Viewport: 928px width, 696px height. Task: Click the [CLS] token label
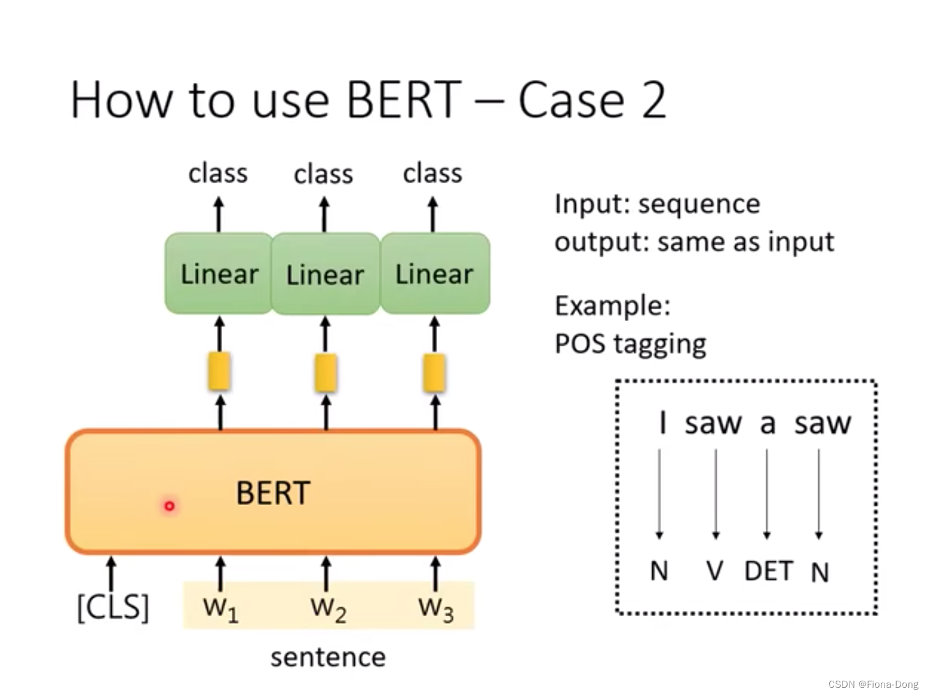click(113, 607)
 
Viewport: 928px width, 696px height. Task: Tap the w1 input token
click(220, 608)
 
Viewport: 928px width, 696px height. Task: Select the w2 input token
click(328, 609)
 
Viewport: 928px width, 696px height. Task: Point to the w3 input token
click(436, 609)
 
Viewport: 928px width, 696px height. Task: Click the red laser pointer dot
click(169, 506)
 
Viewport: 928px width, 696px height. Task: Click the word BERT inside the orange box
click(273, 493)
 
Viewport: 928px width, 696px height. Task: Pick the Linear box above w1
click(219, 274)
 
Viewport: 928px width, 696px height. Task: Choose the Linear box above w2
click(325, 275)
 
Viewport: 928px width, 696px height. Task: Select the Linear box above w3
click(435, 274)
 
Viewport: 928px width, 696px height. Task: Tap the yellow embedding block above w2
click(326, 372)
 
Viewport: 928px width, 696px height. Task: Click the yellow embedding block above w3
click(435, 372)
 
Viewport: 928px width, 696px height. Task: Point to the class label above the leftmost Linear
click(218, 173)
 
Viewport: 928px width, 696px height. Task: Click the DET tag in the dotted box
click(768, 571)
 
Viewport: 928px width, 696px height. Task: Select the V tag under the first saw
click(715, 571)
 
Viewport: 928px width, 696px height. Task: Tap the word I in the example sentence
click(662, 423)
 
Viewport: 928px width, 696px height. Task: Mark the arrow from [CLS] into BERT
click(111, 573)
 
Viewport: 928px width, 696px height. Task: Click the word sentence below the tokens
click(328, 657)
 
